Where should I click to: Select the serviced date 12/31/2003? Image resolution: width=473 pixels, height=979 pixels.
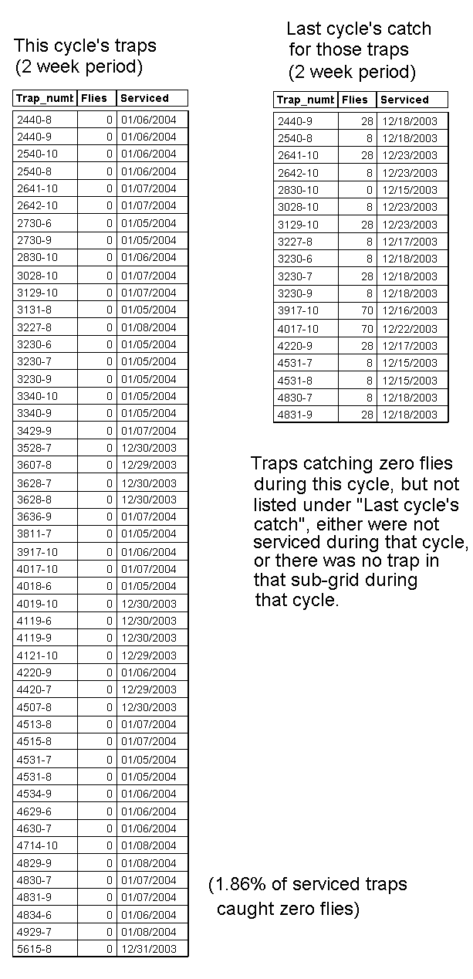148,949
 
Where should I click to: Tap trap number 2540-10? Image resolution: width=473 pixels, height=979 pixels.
37,154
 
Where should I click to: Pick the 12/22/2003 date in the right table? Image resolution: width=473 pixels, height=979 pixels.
409,328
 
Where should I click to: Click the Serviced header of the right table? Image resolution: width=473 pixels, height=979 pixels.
404,100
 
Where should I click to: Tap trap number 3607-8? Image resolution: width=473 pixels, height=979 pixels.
34,465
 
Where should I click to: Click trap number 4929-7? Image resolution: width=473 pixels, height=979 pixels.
34,932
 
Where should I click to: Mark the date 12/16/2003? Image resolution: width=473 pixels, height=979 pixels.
409,310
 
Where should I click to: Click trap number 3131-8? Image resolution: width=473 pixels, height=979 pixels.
34,310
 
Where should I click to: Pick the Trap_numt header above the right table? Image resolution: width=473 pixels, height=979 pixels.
305,100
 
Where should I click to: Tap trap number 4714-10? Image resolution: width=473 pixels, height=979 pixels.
37,845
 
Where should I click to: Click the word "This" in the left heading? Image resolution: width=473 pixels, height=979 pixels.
31,46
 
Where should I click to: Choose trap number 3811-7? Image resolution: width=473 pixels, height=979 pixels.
34,534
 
